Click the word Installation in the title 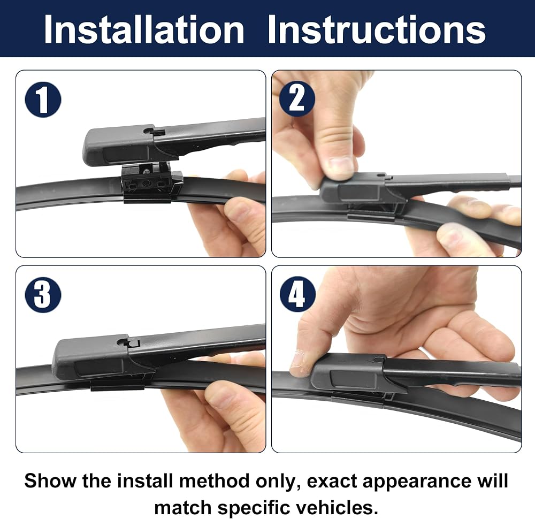(144, 29)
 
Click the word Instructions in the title (377, 29)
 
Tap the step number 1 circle (43, 100)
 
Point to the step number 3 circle (43, 295)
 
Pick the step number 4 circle (297, 294)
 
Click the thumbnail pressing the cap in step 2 (341, 166)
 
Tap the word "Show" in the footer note (50, 480)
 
